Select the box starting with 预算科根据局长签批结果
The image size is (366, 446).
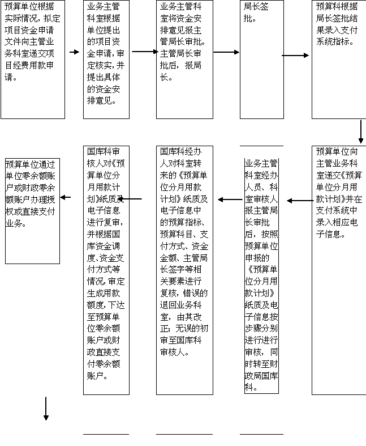[338, 60]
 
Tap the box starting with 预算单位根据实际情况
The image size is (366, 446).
[32, 60]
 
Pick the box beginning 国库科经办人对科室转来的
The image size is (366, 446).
[184, 270]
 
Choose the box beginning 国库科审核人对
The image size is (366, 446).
[106, 270]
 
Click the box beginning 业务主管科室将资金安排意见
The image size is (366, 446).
[184, 60]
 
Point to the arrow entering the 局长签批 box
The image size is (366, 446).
[226, 52]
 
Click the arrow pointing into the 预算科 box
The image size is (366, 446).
[296, 56]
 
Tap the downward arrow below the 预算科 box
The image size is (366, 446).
[361, 131]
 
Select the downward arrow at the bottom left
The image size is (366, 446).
[46, 409]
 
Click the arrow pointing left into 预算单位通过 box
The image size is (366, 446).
[66, 197]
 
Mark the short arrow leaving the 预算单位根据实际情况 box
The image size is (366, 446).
[74, 52]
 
